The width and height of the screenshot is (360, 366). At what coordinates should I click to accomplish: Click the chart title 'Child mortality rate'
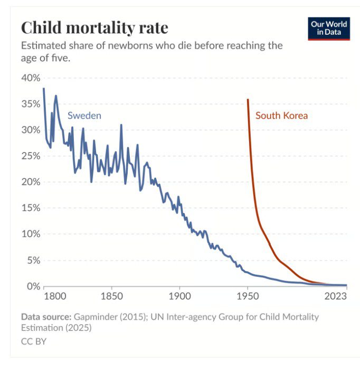click(94, 27)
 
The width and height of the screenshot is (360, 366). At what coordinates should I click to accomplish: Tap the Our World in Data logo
click(329, 28)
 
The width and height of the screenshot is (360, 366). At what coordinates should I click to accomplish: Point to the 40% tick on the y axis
click(31, 78)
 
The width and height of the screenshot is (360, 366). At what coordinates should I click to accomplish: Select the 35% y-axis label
click(31, 104)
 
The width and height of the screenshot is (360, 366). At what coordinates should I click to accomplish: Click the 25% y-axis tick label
click(31, 156)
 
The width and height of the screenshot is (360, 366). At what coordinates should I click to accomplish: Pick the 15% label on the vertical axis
click(31, 208)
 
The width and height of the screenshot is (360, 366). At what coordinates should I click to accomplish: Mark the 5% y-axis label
click(33, 260)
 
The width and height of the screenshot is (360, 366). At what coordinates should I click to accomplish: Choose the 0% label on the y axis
click(33, 286)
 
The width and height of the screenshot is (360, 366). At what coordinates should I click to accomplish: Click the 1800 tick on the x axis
click(55, 297)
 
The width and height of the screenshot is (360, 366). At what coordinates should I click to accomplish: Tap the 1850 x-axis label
click(111, 297)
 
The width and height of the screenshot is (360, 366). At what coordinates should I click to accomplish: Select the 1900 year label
click(179, 297)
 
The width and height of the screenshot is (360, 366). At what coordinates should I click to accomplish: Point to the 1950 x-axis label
click(248, 297)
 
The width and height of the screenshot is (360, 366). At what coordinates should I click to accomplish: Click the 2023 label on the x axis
click(336, 297)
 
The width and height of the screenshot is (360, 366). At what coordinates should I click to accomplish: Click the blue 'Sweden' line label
click(84, 116)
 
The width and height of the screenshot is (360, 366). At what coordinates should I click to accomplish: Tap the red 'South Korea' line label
click(281, 115)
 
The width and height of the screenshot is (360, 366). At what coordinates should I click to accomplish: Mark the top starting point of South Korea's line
click(248, 99)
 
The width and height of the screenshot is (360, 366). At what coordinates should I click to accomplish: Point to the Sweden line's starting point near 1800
click(43, 89)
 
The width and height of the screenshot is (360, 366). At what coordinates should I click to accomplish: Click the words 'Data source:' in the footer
click(45, 317)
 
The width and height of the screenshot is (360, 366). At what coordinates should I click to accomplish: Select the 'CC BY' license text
click(34, 341)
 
